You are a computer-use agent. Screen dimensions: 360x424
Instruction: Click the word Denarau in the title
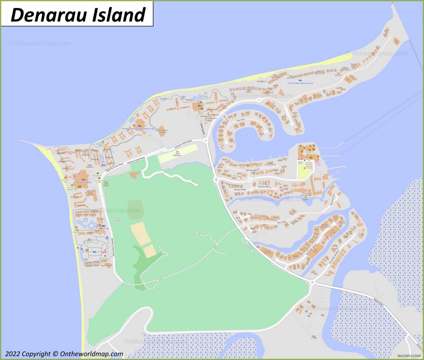(x=45, y=14)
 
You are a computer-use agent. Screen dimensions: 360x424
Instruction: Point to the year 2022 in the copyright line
(x=15, y=354)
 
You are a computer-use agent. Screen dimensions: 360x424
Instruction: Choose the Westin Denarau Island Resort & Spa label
(x=139, y=129)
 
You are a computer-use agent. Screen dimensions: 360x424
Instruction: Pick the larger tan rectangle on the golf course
(x=139, y=233)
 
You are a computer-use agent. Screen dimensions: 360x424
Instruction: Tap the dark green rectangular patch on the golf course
(x=135, y=208)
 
